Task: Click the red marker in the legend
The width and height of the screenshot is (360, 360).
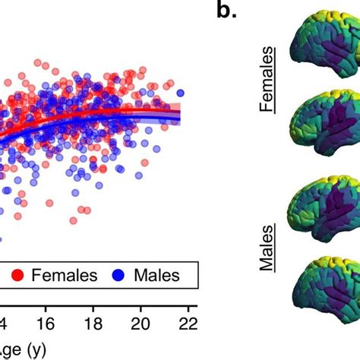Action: pyautogui.click(x=14, y=274)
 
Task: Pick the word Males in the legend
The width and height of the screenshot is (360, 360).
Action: pyautogui.click(x=163, y=274)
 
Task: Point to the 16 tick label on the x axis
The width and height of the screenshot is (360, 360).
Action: pyautogui.click(x=47, y=322)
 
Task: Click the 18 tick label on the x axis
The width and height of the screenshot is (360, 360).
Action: pyautogui.click(x=93, y=322)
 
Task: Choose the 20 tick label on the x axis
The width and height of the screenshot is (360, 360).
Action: pyautogui.click(x=141, y=322)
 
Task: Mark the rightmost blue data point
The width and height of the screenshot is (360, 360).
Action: pyautogui.click(x=181, y=93)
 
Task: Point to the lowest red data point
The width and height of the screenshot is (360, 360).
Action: pyautogui.click(x=74, y=220)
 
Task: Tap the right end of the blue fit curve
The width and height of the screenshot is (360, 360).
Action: pyautogui.click(x=179, y=116)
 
